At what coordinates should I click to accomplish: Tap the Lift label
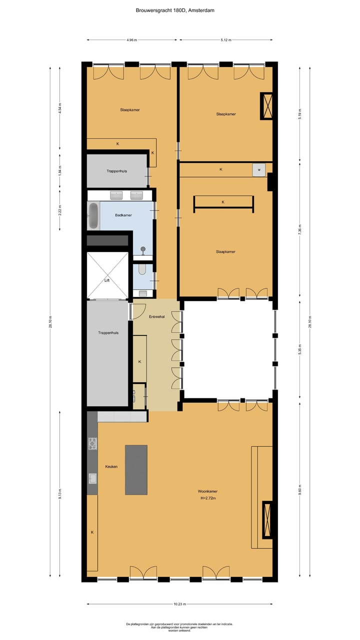pyautogui.click(x=107, y=280)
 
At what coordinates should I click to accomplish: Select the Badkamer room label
pyautogui.click(x=123, y=215)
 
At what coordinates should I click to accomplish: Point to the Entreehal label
pyautogui.click(x=157, y=317)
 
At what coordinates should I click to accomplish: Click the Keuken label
pyautogui.click(x=111, y=466)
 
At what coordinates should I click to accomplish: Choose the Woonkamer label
pyautogui.click(x=207, y=491)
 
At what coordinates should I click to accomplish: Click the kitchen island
pyautogui.click(x=136, y=469)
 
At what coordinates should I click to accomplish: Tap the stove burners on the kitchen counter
pyautogui.click(x=92, y=443)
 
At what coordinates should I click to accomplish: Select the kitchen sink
pyautogui.click(x=92, y=478)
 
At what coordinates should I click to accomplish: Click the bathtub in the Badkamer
pyautogui.click(x=93, y=215)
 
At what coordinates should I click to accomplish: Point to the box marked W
pyautogui.click(x=259, y=170)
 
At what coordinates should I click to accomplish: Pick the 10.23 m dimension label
pyautogui.click(x=179, y=603)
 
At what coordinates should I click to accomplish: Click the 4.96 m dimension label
pyautogui.click(x=132, y=39)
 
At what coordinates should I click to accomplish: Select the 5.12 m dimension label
pyautogui.click(x=226, y=39)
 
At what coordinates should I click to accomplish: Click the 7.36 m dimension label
pyautogui.click(x=300, y=231)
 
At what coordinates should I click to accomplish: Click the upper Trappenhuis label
pyautogui.click(x=116, y=171)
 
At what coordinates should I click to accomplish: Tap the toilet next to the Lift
pyautogui.click(x=141, y=270)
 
